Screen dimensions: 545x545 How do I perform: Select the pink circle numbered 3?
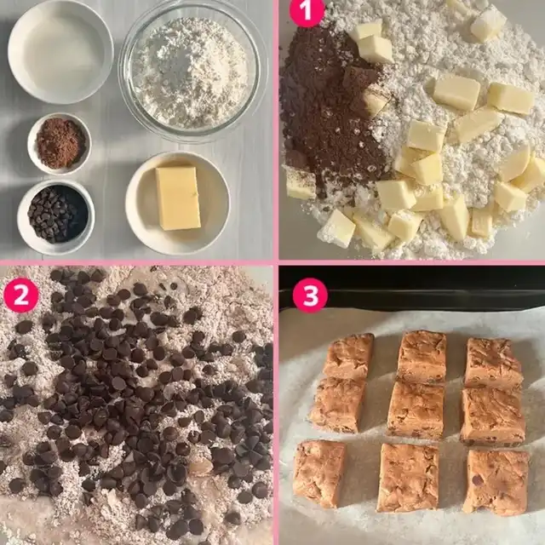click(x=310, y=295)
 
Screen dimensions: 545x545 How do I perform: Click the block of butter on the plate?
click(x=178, y=198)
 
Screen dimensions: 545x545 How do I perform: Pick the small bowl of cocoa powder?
click(x=60, y=143)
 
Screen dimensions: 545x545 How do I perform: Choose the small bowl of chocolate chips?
click(x=56, y=216)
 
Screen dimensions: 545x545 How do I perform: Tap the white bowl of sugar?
click(x=60, y=51)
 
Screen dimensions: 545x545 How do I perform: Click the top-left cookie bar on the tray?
click(x=348, y=355)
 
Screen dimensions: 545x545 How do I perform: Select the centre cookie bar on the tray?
click(x=416, y=410)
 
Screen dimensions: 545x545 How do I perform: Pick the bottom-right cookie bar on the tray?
click(x=496, y=482)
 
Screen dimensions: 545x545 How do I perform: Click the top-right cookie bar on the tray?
click(x=493, y=364)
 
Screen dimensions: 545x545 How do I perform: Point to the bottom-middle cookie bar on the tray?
click(x=408, y=478)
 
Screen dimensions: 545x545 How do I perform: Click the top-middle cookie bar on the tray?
click(x=422, y=358)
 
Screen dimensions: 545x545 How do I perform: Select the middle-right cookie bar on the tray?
click(x=492, y=416)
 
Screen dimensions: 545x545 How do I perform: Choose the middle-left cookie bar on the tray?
click(x=337, y=404)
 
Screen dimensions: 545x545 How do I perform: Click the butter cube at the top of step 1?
click(x=488, y=23)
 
